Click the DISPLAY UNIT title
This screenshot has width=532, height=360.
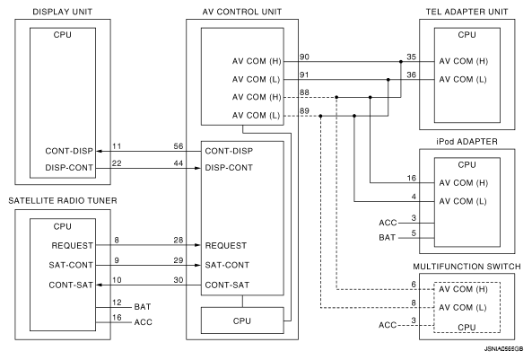pos(63,12)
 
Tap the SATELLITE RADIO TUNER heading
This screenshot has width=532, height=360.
pos(63,201)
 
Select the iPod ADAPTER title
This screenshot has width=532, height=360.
pos(467,142)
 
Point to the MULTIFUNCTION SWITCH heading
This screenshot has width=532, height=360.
pos(467,267)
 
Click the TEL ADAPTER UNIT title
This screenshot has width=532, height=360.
pos(467,12)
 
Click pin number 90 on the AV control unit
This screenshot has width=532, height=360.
pos(304,57)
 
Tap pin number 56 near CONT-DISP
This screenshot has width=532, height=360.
pos(179,146)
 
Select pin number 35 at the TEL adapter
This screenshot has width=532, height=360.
pos(411,57)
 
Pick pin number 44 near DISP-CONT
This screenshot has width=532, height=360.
pos(179,163)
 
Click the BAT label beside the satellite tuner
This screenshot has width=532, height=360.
pos(143,307)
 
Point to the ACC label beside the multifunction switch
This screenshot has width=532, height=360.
pos(388,325)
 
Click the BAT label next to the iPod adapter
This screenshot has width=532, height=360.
pos(388,237)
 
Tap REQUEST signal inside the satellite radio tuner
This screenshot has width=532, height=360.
pos(73,246)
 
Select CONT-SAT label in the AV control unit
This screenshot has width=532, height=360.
pos(227,285)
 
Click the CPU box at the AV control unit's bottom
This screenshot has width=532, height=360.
pos(242,320)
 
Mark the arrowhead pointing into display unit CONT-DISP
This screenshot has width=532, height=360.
pos(100,151)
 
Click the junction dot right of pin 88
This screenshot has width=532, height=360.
pos(336,97)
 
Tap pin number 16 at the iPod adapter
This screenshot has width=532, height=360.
pos(412,179)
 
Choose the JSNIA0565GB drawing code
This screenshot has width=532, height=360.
pos(503,349)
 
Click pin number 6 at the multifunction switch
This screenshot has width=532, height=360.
pos(414,285)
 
